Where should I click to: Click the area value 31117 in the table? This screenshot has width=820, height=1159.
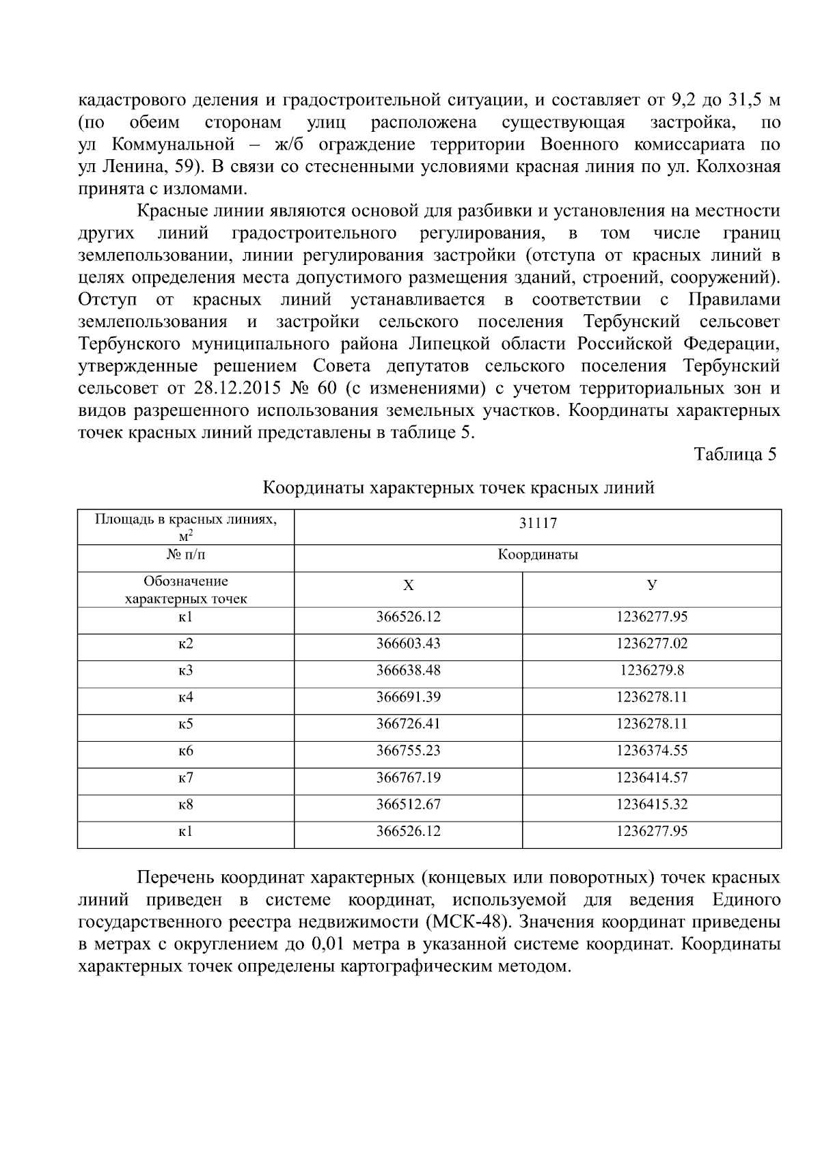tap(537, 524)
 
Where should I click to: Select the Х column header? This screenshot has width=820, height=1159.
tap(408, 585)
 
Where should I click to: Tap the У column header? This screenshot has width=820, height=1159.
tap(651, 585)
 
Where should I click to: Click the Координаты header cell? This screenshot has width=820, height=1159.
tap(537, 555)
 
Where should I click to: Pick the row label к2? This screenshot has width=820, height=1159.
tap(185, 644)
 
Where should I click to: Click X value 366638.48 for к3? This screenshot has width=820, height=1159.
tap(408, 671)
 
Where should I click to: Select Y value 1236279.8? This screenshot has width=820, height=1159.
tap(651, 671)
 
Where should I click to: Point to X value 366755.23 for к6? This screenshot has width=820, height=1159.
tap(408, 751)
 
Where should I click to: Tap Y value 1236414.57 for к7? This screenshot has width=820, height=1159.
tap(651, 778)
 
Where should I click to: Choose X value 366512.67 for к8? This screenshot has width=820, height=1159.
tap(408, 805)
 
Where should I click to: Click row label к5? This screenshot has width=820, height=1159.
tap(185, 724)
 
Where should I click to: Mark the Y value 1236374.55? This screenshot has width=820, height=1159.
tap(651, 751)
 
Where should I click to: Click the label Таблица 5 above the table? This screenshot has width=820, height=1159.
tap(735, 455)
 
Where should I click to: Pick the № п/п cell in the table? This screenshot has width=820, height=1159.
tap(185, 555)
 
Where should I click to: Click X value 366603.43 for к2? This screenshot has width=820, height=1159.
tap(408, 644)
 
